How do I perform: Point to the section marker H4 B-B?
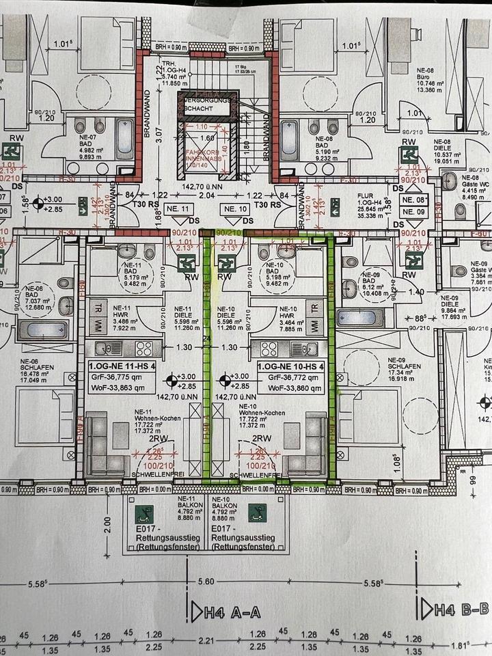456,607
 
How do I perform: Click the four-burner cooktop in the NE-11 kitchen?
143,348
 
